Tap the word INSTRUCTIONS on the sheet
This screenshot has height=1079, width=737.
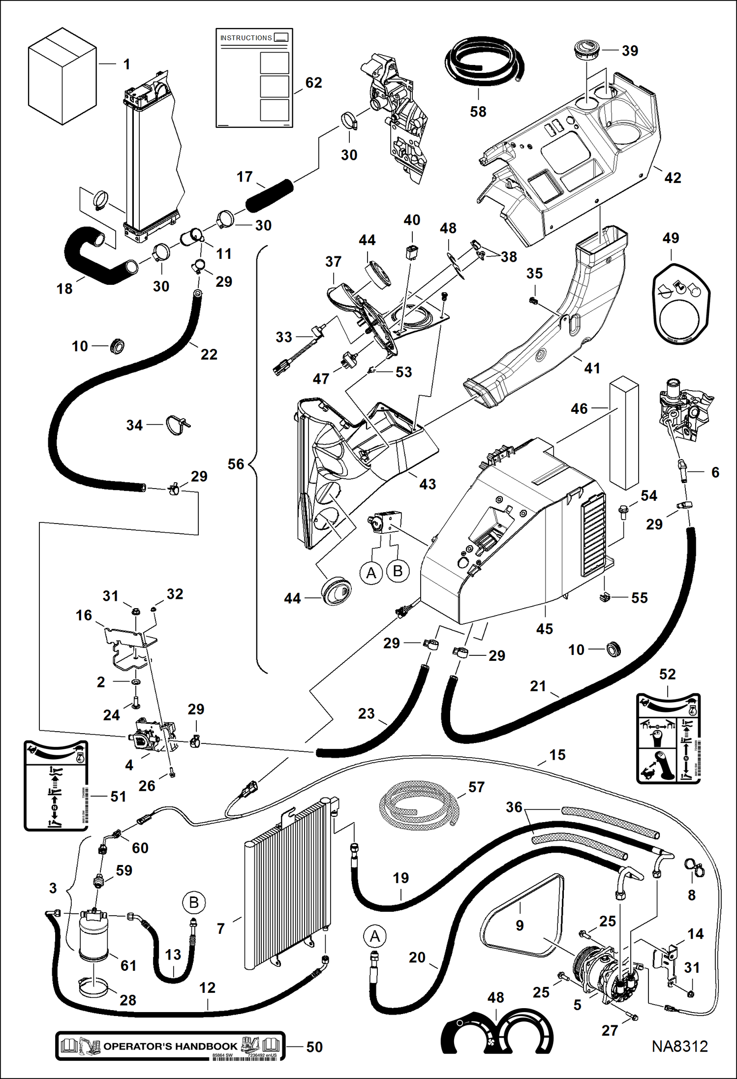(x=246, y=38)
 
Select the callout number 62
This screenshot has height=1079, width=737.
(x=313, y=83)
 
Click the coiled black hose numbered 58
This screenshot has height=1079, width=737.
(x=482, y=62)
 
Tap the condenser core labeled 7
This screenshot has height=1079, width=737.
(x=288, y=886)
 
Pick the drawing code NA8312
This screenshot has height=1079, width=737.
(x=679, y=1046)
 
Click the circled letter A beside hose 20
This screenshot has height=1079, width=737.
(x=375, y=936)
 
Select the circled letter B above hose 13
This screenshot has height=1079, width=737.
(x=193, y=902)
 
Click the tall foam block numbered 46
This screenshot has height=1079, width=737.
(x=624, y=433)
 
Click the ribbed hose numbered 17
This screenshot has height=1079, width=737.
(x=269, y=196)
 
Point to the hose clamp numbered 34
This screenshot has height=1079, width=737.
(x=177, y=425)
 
